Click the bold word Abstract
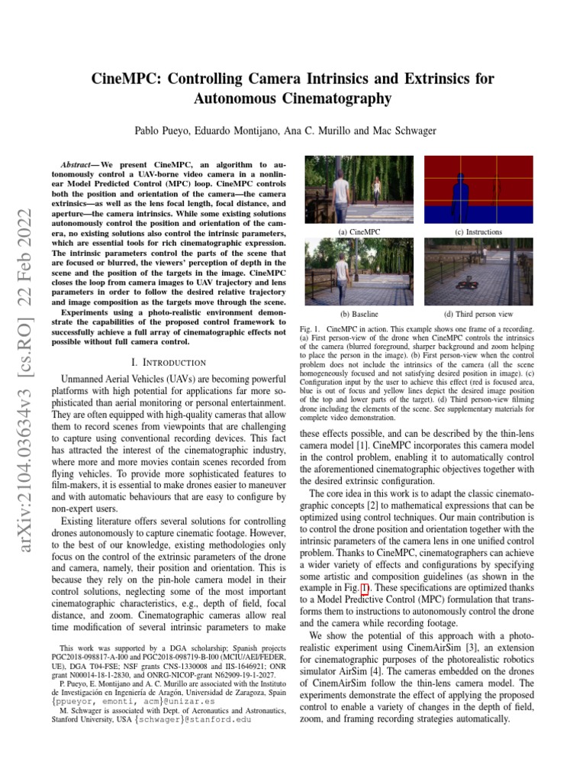[79, 165]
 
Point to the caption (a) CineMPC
[359, 231]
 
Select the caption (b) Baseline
[359, 314]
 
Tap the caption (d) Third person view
[478, 314]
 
